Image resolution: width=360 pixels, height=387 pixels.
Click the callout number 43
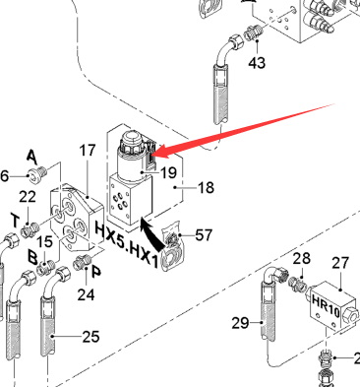257,62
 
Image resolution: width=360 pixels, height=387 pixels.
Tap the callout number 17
88,151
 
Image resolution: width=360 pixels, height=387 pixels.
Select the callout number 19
169,172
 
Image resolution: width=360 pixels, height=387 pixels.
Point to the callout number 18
206,188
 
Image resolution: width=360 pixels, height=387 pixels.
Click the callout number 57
204,235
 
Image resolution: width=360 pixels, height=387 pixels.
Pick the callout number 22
28,197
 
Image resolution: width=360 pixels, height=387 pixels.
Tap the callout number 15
44,242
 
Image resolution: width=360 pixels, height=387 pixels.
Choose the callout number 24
86,294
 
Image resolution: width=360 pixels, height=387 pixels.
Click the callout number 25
90,337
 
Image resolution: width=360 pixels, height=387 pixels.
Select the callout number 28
301,259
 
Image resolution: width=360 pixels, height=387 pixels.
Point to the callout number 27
340,263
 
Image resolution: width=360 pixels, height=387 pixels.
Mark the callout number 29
240,323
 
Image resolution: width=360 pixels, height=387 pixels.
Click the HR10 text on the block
326,306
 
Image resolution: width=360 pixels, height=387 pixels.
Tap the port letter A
31,157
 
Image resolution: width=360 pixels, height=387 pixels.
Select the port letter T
15,220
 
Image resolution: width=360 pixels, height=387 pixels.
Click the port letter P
96,272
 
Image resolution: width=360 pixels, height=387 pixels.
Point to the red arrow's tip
153,154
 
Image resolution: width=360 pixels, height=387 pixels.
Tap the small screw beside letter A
37,173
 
